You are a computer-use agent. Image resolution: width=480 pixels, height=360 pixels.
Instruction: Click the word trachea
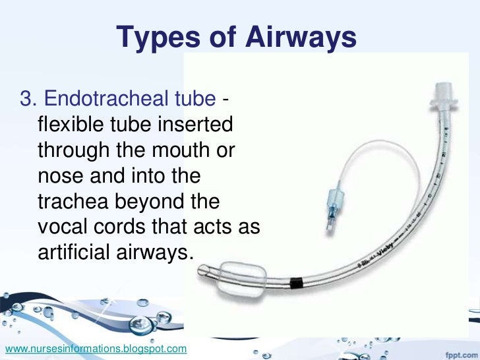[x=74, y=200]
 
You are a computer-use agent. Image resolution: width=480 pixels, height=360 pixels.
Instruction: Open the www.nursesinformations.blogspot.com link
[x=95, y=347]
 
